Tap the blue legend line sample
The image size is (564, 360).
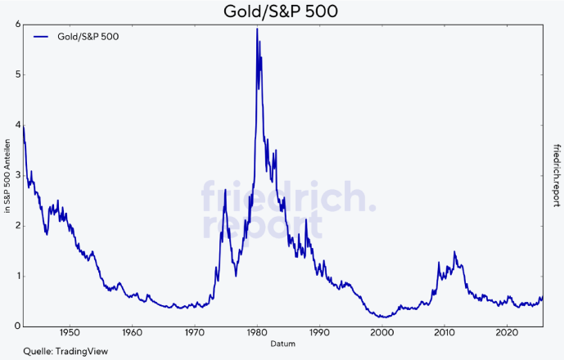[x=43, y=37]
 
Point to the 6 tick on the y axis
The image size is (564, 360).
[x=17, y=25]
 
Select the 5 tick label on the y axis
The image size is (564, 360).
[x=17, y=75]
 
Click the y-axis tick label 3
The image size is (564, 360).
[x=17, y=176]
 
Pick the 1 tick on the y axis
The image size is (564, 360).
[x=17, y=277]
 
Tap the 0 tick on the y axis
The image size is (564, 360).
[x=17, y=326]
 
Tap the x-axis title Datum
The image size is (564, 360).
[x=282, y=344]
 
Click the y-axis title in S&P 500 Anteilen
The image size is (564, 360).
[x=7, y=176]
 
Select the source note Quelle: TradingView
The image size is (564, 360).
[x=55, y=351]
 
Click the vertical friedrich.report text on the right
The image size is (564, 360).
[x=556, y=175]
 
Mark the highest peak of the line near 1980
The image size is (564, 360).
[x=257, y=29]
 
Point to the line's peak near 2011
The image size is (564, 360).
[x=454, y=252]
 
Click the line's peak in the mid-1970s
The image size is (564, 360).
[x=225, y=190]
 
